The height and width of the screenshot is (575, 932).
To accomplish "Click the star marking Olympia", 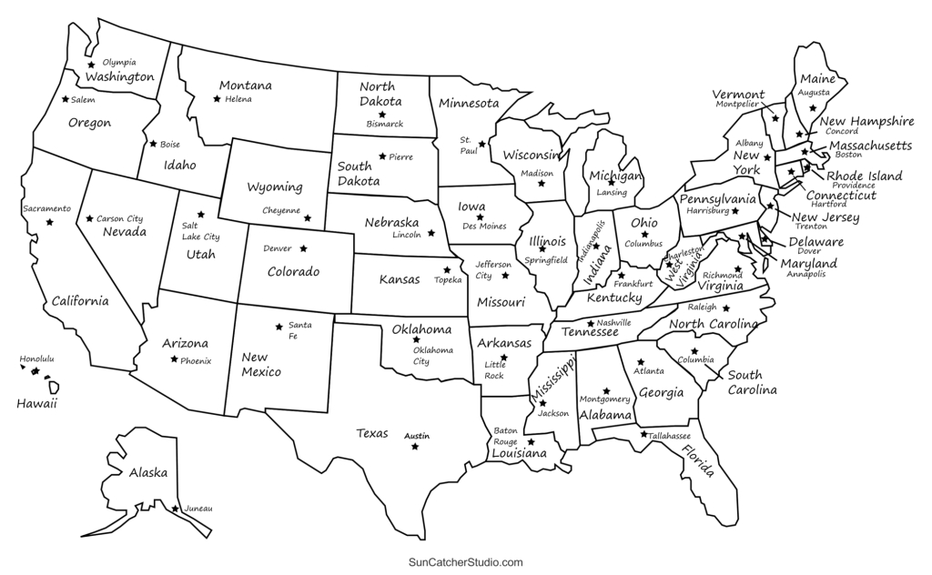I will (91, 65).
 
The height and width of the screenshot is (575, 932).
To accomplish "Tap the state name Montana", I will (245, 86).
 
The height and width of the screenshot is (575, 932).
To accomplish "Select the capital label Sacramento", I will (46, 208).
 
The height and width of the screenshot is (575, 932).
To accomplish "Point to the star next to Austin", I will (415, 446).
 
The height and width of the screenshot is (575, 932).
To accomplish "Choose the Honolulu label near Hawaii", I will (36, 359).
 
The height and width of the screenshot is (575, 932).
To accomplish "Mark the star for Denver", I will (303, 248).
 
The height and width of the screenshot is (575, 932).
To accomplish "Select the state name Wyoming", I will (275, 187).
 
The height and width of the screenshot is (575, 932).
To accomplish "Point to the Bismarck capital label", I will (384, 123).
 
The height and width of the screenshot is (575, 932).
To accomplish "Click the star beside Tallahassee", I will (643, 434).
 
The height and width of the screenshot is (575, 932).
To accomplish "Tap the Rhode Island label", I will (864, 176).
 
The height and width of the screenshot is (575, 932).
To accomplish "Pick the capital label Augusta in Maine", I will (813, 93).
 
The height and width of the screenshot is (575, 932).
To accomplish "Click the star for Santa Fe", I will (279, 327).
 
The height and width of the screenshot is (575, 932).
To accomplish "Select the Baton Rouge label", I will (506, 436).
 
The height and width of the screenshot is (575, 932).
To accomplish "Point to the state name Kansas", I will (400, 279).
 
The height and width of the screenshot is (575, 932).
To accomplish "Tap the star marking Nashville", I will (590, 323).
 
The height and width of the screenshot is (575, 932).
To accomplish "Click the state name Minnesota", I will (469, 103).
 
